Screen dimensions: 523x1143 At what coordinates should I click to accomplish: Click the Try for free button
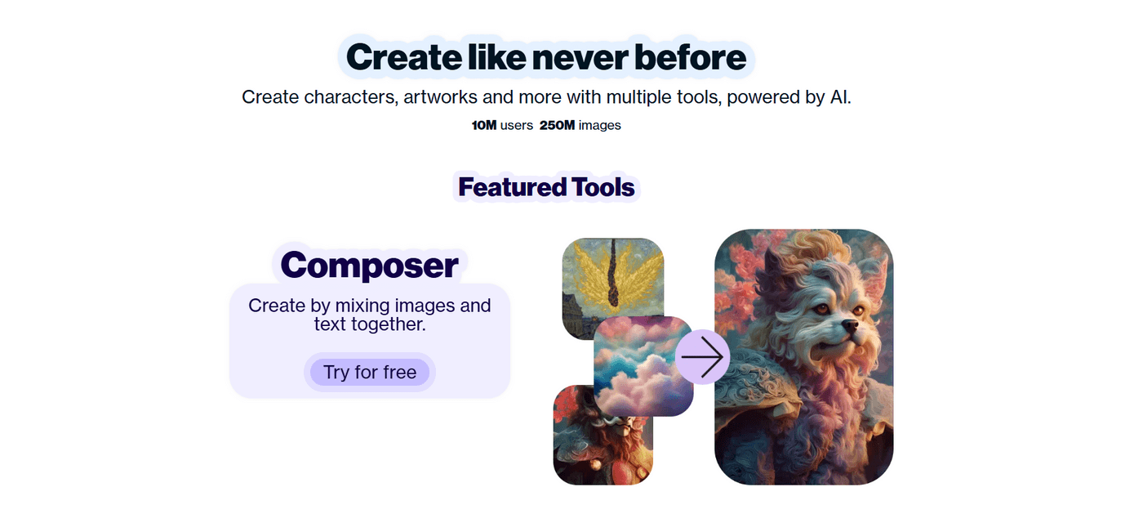370,373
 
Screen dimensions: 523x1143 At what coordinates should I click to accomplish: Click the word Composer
369,265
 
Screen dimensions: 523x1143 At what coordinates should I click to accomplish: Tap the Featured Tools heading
546,187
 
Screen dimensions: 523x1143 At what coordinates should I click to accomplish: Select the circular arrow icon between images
702,357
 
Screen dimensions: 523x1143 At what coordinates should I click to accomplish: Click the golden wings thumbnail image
612,274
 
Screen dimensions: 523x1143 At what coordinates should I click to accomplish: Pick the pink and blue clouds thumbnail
643,365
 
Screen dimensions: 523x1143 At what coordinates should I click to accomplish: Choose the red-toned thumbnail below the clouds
588,441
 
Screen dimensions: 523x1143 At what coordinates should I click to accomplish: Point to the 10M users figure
502,125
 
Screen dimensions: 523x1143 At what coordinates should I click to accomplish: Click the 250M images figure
580,125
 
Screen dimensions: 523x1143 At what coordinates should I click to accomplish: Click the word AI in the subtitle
840,97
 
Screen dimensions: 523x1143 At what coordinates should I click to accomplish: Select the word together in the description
387,324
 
